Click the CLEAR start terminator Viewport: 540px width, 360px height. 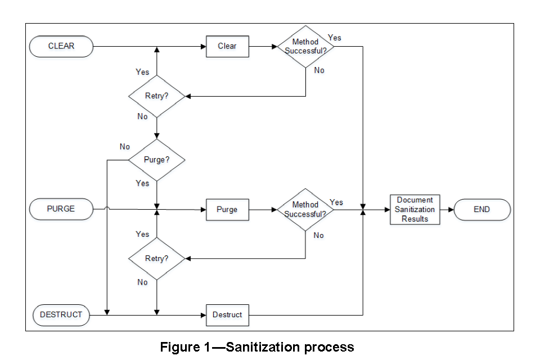click(x=61, y=46)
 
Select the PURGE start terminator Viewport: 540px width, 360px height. click(x=61, y=209)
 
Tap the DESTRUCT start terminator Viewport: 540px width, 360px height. click(x=61, y=314)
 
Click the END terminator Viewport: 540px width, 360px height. click(x=481, y=209)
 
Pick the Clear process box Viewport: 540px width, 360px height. click(x=227, y=46)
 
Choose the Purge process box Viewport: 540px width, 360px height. click(x=227, y=209)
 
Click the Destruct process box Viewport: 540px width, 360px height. click(x=227, y=314)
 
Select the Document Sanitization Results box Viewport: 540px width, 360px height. click(x=415, y=209)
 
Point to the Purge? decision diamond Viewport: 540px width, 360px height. click(x=156, y=160)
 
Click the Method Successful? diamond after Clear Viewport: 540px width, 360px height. click(x=305, y=46)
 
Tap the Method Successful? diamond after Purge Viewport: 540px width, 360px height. click(x=305, y=209)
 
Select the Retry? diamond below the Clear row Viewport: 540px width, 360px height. click(x=156, y=96)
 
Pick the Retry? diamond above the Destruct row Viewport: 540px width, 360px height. click(x=156, y=259)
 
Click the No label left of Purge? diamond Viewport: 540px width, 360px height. click(x=125, y=147)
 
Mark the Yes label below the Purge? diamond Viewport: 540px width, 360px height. click(x=142, y=183)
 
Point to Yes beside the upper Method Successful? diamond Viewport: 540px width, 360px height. click(x=335, y=38)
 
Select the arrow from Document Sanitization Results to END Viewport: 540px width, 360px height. click(x=447, y=209)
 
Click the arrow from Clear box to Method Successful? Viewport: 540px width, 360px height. click(x=262, y=46)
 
